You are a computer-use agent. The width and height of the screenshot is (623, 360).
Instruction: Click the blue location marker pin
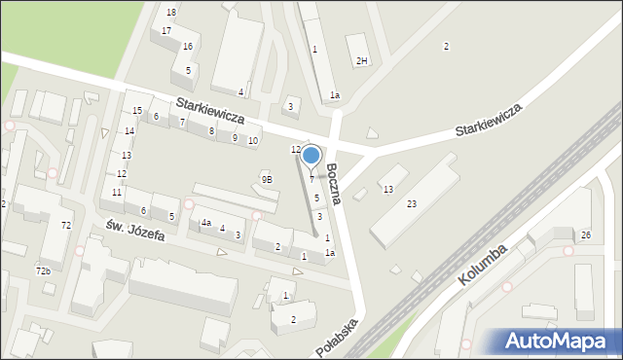coord(311,156)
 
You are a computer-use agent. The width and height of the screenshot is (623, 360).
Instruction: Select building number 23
coord(412,203)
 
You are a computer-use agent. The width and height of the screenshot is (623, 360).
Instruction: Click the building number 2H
coord(361,61)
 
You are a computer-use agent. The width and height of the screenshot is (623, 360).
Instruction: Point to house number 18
coord(171,12)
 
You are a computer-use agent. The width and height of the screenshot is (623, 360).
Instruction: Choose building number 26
coord(586,235)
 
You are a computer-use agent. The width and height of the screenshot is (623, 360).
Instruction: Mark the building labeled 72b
coord(43,270)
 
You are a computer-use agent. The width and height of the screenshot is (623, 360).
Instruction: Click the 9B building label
coord(267,179)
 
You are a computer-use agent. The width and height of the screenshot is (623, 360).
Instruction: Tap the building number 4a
coord(205,223)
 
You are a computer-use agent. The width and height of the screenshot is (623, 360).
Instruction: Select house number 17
coord(166,31)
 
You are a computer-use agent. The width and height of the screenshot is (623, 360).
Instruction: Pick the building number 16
coord(187,47)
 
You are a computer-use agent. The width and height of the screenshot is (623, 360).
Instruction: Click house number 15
coord(137,111)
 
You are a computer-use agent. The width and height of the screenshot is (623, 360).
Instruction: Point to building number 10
coord(253,141)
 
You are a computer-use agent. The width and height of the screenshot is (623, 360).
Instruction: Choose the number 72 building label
coord(66,226)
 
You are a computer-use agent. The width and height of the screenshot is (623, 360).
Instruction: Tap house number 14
coord(128,130)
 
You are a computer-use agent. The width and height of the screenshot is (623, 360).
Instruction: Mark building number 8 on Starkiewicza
coord(211,130)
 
